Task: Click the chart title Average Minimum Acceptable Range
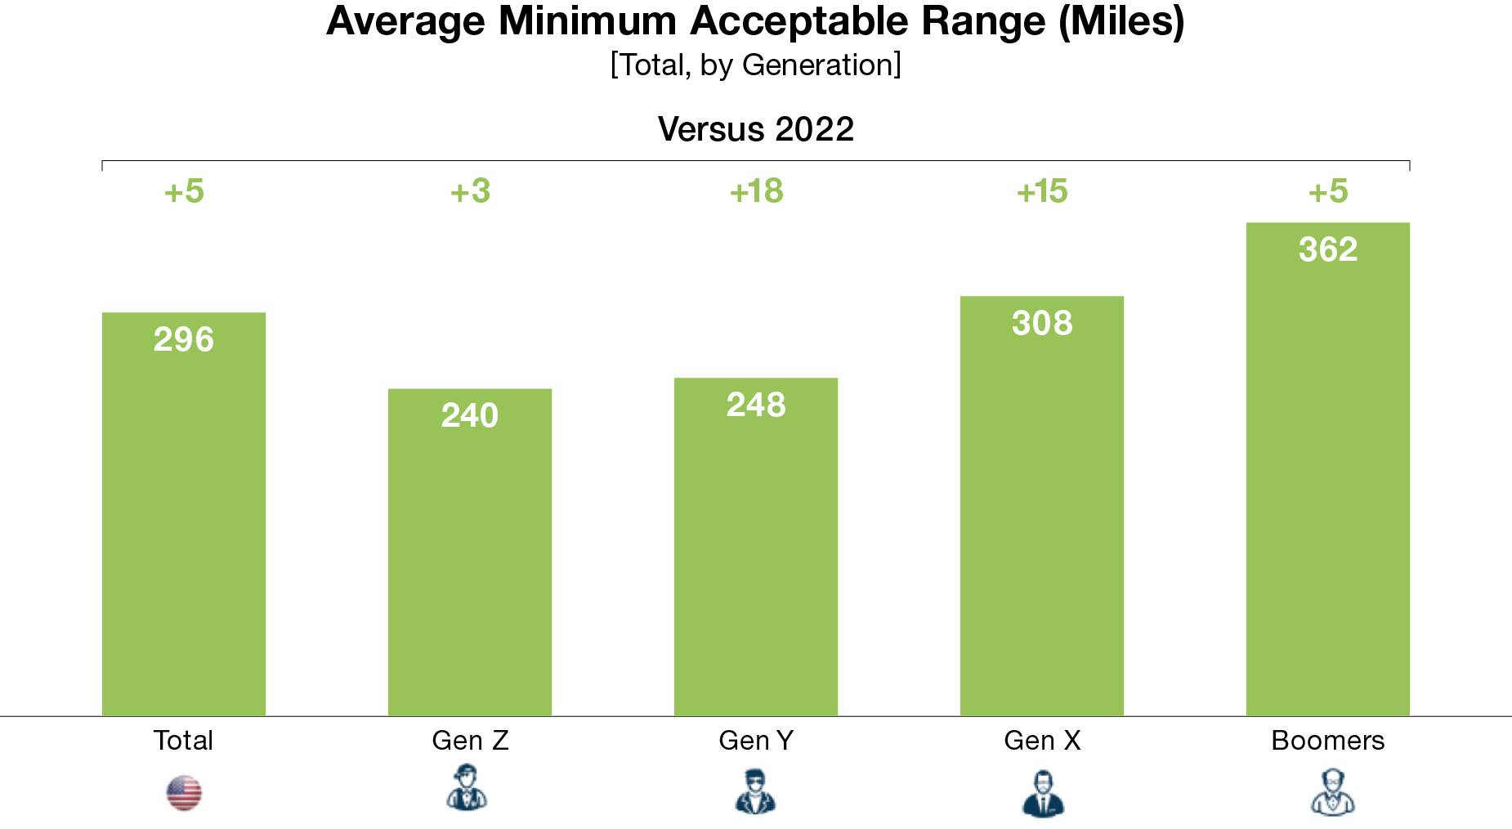[755, 22]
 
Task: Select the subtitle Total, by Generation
[755, 65]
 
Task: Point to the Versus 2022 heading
[755, 129]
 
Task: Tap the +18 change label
[756, 191]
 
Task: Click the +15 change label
[1042, 191]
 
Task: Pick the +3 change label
[470, 191]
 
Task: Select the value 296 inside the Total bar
[184, 339]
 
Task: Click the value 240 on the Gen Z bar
[470, 415]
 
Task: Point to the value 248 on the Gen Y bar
[756, 405]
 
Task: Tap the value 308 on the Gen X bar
[1042, 323]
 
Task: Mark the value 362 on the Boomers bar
[1328, 249]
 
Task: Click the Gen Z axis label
[470, 741]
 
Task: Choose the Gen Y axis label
[756, 741]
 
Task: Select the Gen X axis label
[1042, 741]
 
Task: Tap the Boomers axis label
[1328, 741]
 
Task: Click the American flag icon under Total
[184, 793]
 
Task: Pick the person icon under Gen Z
[467, 789]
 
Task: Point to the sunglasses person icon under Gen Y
[755, 791]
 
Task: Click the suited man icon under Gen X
[1043, 793]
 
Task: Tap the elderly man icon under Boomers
[1332, 792]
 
